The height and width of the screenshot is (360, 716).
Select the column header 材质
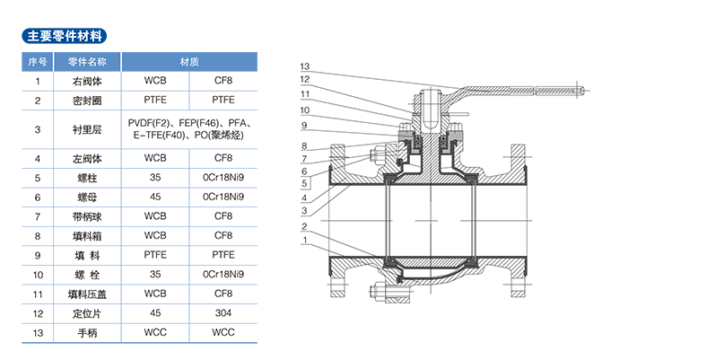coord(188,62)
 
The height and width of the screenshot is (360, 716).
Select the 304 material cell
coord(223,313)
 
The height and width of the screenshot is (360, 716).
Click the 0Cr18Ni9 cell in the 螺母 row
coord(223,197)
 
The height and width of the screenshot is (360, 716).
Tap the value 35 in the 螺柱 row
coord(154,178)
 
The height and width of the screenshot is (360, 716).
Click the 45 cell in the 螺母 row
coord(154,197)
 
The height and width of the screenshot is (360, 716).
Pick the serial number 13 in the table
coord(37,333)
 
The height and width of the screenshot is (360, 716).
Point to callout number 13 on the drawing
coord(306,67)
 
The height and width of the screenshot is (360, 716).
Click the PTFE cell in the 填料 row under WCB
coord(154,255)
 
